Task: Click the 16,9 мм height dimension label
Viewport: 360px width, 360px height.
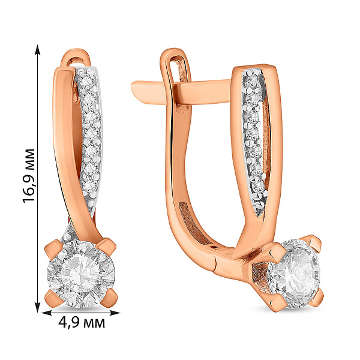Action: click(29, 175)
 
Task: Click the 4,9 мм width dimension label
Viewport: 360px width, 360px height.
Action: click(82, 323)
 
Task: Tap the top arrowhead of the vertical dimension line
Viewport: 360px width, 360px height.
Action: click(37, 50)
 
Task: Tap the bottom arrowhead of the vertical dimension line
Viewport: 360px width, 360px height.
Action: click(37, 307)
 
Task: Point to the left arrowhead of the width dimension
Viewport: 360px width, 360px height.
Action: click(47, 313)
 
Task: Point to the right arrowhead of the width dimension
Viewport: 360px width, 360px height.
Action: click(115, 313)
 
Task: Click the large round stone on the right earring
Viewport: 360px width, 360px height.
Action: click(294, 274)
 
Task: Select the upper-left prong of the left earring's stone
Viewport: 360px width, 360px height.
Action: click(53, 250)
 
